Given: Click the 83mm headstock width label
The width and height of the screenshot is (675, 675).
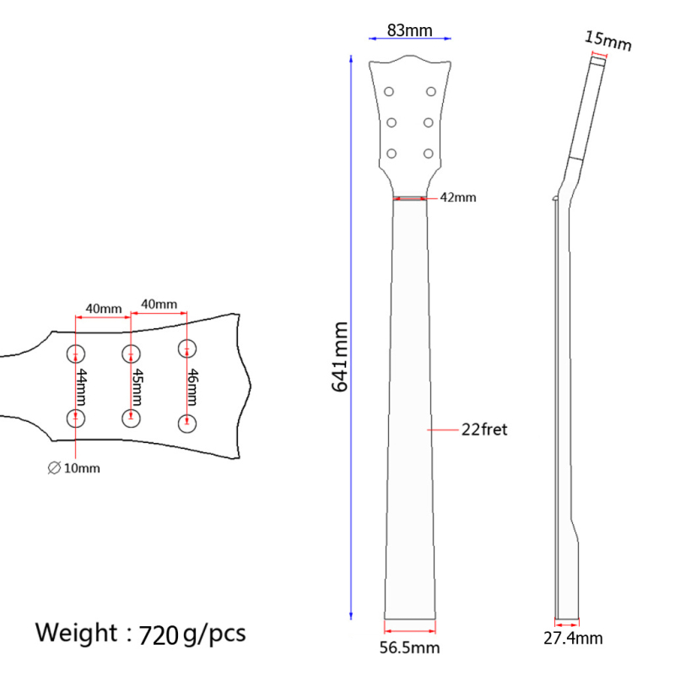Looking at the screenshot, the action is pos(409,30).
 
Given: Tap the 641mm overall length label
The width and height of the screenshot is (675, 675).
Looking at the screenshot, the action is pos(340,357).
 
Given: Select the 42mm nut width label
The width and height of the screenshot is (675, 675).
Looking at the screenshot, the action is pos(458,197).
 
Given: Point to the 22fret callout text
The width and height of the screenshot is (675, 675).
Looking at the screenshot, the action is pos(484,429).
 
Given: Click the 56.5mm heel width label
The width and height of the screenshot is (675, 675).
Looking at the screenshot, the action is pos(409,647).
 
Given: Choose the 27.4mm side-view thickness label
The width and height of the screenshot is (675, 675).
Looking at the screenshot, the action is pos(573,638).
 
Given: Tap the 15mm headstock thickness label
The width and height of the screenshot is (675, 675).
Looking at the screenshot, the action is pos(607,40).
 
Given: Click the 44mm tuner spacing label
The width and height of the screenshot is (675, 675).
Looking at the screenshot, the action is pos(81,387).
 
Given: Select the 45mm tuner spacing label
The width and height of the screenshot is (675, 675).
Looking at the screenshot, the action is pos(137,387).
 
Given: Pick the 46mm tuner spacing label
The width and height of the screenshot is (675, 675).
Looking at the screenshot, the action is pos(192,387).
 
